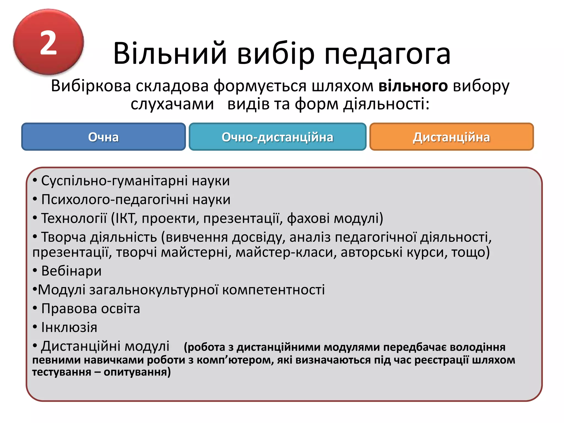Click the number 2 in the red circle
click(48, 43)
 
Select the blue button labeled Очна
click(104, 137)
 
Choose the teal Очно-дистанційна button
click(277, 137)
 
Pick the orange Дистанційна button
click(451, 137)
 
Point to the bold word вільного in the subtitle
click(413, 86)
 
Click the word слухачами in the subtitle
click(172, 104)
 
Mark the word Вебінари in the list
click(71, 271)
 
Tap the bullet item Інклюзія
click(69, 327)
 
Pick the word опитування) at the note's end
click(137, 372)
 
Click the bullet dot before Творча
click(35, 237)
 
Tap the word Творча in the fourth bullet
click(64, 237)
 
